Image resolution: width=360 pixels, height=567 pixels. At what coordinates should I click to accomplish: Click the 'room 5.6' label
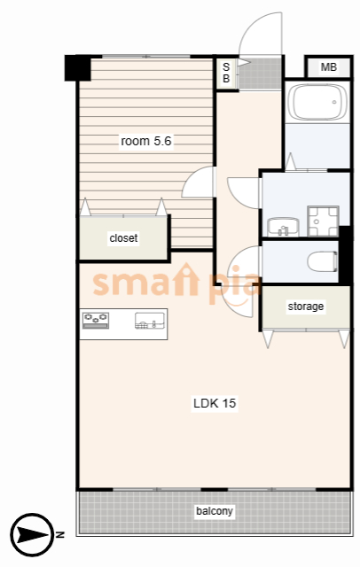pos(145,141)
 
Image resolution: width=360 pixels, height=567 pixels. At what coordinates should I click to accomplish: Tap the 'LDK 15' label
pos(215,403)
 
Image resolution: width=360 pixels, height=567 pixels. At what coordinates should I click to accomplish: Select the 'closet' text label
pos(123,238)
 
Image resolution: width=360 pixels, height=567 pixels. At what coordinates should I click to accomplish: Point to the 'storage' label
pos(306,307)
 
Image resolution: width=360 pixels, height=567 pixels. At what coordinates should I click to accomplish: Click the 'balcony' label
pos(215,511)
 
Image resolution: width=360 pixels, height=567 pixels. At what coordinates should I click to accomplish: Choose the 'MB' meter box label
pos(329,67)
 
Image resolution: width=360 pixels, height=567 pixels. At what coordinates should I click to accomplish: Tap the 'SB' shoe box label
pos(226,73)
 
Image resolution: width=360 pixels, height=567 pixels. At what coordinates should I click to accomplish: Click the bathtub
pos(317,102)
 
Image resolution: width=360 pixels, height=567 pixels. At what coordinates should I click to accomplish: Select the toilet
pos(323,261)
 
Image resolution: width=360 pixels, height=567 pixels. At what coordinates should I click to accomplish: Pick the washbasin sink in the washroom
pos(283,227)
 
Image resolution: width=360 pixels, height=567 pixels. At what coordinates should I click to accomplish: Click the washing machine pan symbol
pos(323,221)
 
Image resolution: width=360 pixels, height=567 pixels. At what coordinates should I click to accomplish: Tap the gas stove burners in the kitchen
pos(96,321)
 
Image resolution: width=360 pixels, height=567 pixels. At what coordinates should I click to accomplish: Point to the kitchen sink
pos(150,321)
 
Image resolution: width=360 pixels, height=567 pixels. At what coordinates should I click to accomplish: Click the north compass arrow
pos(33,534)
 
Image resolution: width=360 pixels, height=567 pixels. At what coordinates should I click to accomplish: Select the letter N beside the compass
pos(60,534)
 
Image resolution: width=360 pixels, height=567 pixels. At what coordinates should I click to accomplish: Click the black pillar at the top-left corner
pos(77,67)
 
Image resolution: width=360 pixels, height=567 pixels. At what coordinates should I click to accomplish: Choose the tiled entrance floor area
pos(260,74)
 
